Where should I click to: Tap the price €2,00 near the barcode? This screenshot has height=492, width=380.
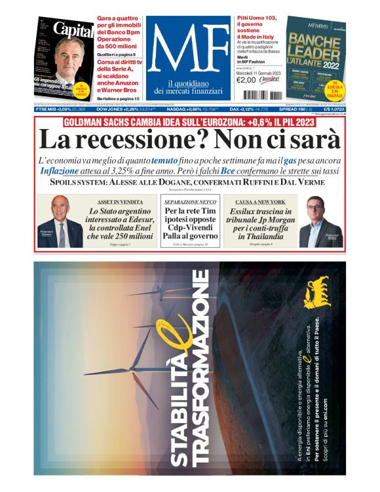tap(245, 81)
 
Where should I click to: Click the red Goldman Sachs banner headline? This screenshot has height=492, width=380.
tap(189, 123)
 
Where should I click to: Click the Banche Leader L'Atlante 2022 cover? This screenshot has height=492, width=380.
tap(316, 58)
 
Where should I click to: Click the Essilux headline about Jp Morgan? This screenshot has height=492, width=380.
tap(260, 223)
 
